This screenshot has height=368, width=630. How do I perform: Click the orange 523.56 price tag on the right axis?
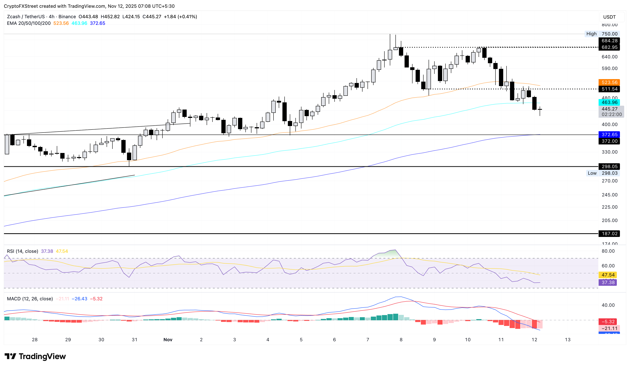pos(609,82)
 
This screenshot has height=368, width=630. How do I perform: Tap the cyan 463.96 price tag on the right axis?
pos(609,102)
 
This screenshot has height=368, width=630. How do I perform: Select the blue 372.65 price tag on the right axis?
pos(609,135)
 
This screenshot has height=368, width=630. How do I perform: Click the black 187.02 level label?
pos(609,233)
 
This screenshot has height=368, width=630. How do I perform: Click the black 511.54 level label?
pos(609,89)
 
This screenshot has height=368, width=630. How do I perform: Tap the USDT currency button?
pos(609,17)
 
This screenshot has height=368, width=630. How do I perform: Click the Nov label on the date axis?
pos(168,339)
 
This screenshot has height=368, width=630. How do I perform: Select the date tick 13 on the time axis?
pos(568,339)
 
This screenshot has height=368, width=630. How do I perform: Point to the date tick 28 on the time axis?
pos(35,339)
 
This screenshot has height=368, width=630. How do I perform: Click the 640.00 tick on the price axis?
pos(609,57)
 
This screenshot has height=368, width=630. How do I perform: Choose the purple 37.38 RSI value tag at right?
pos(608,282)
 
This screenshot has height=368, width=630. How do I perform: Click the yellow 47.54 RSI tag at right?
pos(608,275)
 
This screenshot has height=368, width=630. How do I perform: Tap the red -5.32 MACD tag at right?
pos(608,321)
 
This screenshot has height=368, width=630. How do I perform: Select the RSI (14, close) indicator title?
pos(22,251)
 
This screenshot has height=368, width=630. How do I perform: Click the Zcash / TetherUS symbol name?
pos(26,17)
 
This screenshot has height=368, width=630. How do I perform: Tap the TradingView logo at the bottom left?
pos(35,356)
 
